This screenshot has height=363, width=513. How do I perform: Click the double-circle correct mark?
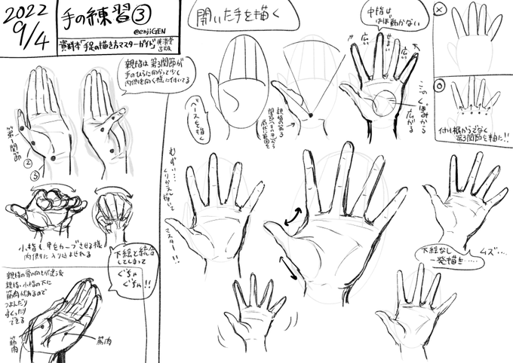(x=441, y=84)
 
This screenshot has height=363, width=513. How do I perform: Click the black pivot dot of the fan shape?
(x=309, y=114)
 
